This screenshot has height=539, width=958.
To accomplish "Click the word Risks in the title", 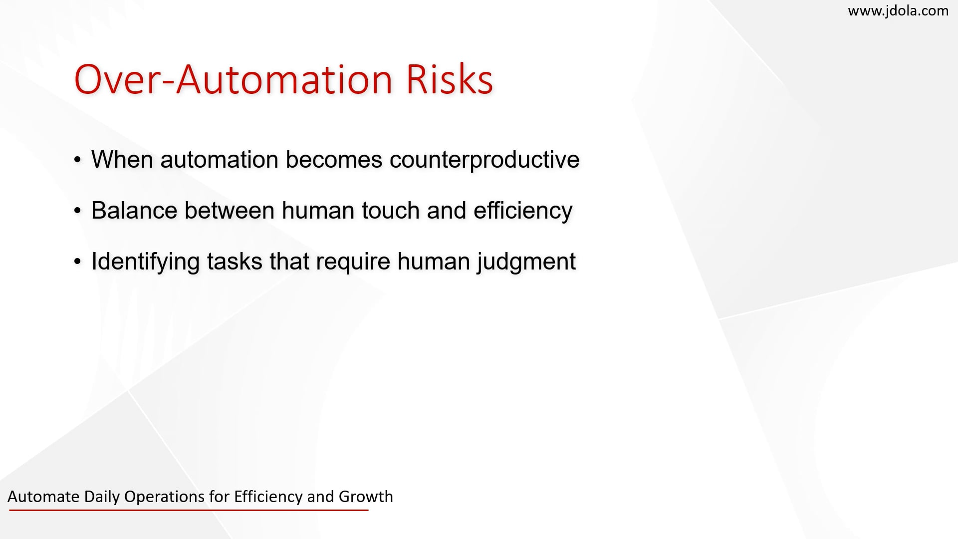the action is click(450, 79).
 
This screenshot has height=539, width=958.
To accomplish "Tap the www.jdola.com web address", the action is click(898, 11).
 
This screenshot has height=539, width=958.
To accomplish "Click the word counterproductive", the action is click(484, 160).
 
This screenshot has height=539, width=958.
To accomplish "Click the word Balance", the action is click(134, 210).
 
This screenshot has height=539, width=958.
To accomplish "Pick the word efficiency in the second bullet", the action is click(523, 211).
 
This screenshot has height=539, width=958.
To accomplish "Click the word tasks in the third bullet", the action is click(235, 261).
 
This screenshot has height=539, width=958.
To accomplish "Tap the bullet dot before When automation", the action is click(77, 160).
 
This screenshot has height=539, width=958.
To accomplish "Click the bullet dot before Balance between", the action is click(77, 211).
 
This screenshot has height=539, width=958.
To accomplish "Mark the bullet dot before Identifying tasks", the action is click(77, 262).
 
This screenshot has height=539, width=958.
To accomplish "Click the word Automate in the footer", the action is click(43, 497).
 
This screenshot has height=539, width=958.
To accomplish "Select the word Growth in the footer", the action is click(366, 497).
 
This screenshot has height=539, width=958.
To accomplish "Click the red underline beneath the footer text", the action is click(189, 510).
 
